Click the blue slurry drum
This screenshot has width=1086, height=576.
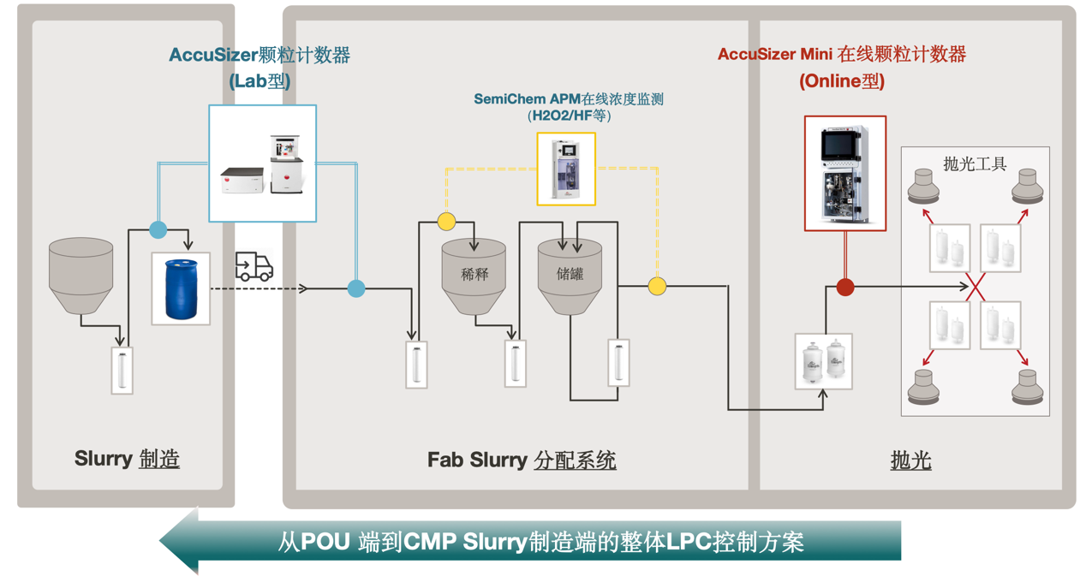(181, 289)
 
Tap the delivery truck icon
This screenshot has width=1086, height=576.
(254, 267)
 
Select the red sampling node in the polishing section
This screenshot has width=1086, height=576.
(845, 288)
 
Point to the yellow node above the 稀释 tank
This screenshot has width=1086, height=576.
(446, 222)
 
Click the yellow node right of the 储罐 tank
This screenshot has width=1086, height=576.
(657, 286)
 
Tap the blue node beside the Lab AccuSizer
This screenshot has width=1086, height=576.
(158, 229)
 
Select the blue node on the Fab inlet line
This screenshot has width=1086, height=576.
(356, 289)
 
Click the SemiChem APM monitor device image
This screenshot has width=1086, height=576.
(566, 169)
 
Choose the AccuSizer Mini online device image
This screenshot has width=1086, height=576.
(845, 174)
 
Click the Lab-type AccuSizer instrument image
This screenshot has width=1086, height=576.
(263, 163)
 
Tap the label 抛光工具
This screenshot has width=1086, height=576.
(975, 163)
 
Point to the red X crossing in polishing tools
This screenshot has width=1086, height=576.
(976, 288)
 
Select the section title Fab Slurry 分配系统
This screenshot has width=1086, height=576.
(522, 460)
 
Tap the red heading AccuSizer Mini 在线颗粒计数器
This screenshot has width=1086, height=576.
(841, 55)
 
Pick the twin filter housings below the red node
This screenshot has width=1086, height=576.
(823, 361)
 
